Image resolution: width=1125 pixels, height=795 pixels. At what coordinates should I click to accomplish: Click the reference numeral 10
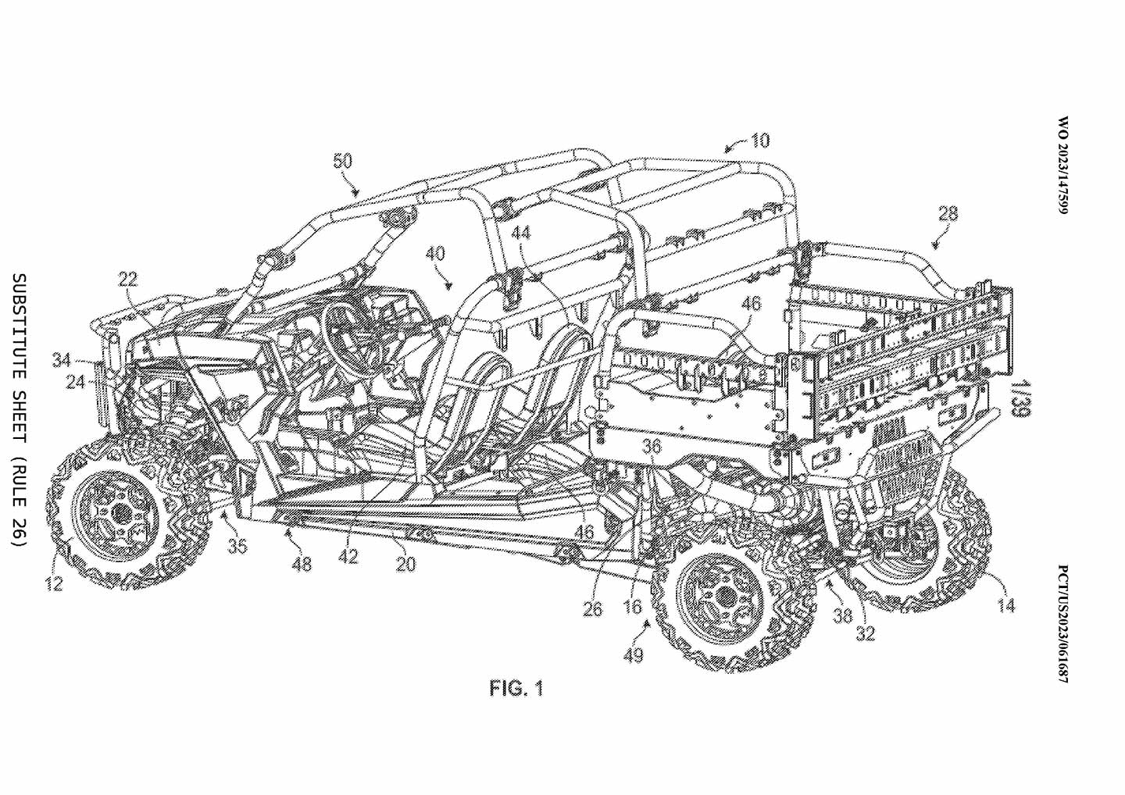click(x=760, y=140)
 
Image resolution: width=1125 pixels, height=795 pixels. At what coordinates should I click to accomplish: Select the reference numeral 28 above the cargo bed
click(x=948, y=214)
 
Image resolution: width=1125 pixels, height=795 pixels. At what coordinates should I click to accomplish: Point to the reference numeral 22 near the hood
click(x=127, y=280)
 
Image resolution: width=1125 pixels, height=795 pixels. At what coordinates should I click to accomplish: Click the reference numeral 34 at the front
click(x=62, y=360)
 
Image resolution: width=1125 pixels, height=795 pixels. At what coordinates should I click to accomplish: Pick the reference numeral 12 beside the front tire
click(x=54, y=583)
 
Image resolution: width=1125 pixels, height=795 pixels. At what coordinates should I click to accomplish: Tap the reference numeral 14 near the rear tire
click(x=1006, y=606)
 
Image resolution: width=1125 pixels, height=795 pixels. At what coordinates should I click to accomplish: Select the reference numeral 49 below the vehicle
click(x=634, y=655)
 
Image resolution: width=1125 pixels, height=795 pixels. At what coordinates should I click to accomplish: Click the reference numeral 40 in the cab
click(x=435, y=254)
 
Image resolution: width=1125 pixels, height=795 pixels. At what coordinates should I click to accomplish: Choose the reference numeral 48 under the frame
click(x=302, y=565)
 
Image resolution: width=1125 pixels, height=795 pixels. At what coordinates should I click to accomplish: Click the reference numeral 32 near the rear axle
click(x=866, y=633)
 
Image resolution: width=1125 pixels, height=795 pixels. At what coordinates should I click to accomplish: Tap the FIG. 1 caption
click(x=516, y=688)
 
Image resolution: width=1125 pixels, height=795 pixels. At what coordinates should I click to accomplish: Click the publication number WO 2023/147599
click(x=1062, y=166)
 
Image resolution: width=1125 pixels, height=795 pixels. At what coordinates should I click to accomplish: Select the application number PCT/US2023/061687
click(x=1062, y=624)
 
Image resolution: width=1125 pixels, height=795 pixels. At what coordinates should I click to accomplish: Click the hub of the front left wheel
click(x=120, y=513)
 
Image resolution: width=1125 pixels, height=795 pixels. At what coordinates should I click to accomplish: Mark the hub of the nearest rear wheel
click(x=723, y=597)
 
